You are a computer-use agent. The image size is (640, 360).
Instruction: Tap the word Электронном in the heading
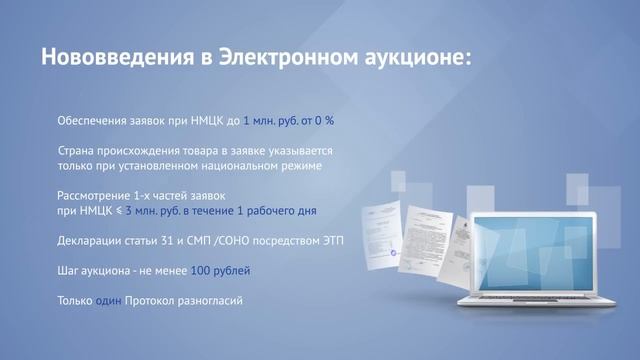point(281,58)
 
